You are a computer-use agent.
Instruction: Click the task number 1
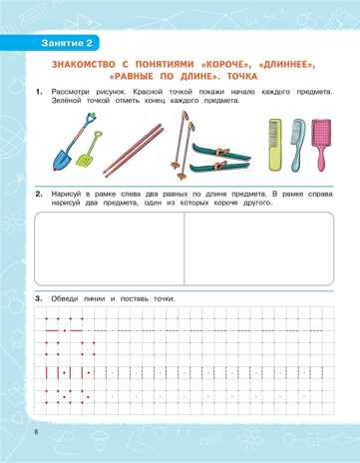point(37,92)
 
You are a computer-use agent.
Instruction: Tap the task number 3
point(37,297)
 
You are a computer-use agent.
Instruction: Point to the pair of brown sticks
point(135,147)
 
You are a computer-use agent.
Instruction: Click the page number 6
point(35,431)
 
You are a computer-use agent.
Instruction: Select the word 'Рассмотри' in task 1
point(71,92)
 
